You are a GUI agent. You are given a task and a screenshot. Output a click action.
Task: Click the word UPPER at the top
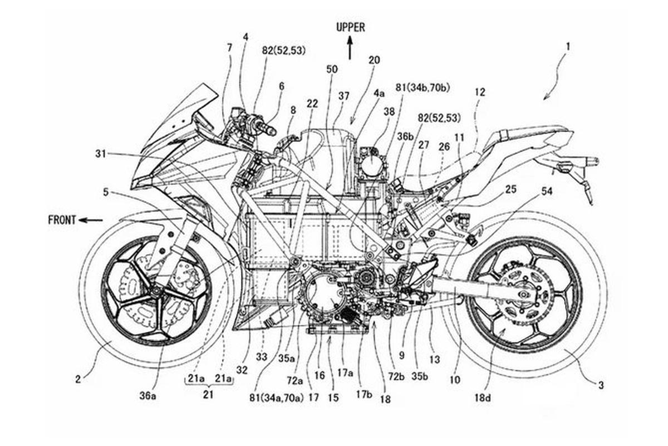[350, 27]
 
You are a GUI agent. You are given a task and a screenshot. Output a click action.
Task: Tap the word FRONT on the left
[62, 220]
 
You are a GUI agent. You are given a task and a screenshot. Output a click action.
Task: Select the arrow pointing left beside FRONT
[91, 220]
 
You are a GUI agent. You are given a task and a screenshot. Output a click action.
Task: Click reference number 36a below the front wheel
[148, 396]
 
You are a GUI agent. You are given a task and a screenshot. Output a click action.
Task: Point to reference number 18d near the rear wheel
[483, 398]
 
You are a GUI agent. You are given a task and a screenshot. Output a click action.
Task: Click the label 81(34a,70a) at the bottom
[276, 398]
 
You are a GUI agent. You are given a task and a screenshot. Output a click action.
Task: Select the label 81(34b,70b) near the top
[423, 88]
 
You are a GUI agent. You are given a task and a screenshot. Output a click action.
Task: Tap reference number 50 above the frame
[332, 69]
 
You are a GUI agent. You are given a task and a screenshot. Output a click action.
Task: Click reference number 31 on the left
[101, 154]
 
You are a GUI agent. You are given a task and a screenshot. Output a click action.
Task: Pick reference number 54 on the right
[547, 191]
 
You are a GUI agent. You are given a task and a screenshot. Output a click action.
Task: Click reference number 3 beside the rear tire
[601, 385]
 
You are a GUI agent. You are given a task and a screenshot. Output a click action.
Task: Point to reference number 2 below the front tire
[78, 379]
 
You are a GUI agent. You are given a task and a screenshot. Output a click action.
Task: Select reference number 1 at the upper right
[568, 47]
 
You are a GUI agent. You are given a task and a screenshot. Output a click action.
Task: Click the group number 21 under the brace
[208, 394]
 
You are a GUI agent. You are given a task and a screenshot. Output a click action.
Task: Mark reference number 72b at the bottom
[396, 377]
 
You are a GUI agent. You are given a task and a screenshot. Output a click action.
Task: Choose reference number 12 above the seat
[480, 92]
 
